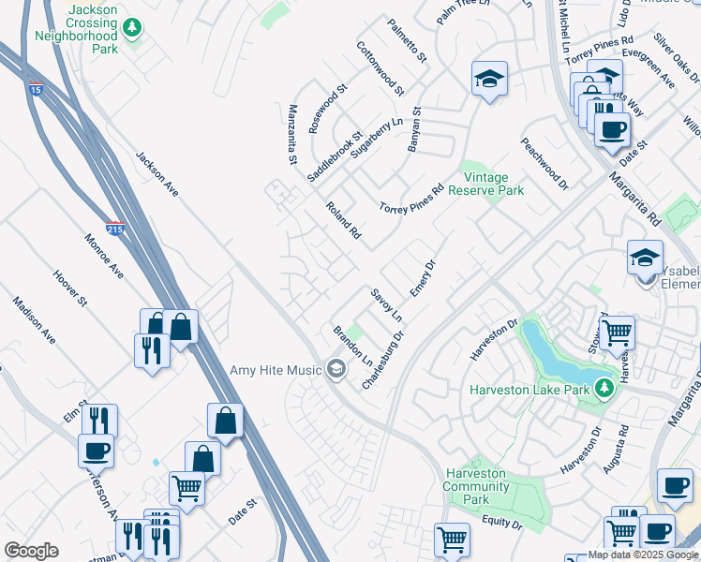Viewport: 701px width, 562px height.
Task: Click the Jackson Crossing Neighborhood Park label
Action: (77, 28)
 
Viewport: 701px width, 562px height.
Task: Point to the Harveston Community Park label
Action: (476, 480)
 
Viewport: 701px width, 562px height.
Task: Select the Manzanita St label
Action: (292, 135)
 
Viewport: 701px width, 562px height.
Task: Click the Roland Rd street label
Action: (343, 218)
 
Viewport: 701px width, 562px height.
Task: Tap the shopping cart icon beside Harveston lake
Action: (616, 331)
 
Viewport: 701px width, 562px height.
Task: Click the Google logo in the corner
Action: (31, 551)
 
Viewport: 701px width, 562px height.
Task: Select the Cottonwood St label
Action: (380, 68)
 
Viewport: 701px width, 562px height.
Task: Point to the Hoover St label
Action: (69, 288)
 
